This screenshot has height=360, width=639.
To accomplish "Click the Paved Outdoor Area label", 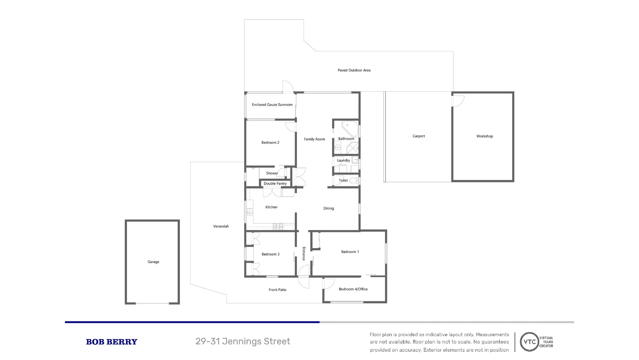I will (x=354, y=70).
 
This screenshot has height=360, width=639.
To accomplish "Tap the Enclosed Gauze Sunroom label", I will (x=272, y=105).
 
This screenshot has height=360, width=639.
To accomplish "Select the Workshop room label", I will (x=484, y=136).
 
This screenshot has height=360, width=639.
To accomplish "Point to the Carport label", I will (x=418, y=136).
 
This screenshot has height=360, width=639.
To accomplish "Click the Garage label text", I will (x=153, y=262).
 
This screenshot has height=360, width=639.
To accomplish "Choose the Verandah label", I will (x=221, y=226).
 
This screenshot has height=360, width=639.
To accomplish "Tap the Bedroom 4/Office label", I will (x=353, y=289).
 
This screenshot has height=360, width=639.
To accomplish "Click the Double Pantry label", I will (x=275, y=184).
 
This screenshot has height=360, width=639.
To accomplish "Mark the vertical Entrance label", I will (x=304, y=254).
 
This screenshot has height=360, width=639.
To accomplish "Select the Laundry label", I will (x=343, y=160).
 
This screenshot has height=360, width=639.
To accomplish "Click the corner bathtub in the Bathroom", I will (x=350, y=128).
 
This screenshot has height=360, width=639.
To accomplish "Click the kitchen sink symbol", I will (x=249, y=211).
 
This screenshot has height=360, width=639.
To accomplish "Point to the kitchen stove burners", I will (x=278, y=227).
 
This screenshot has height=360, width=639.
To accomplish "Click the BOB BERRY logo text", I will (x=111, y=342).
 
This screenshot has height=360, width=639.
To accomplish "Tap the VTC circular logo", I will (x=529, y=342).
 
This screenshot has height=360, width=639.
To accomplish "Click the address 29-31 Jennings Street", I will (x=242, y=341).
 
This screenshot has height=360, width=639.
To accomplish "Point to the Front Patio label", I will (x=277, y=290).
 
